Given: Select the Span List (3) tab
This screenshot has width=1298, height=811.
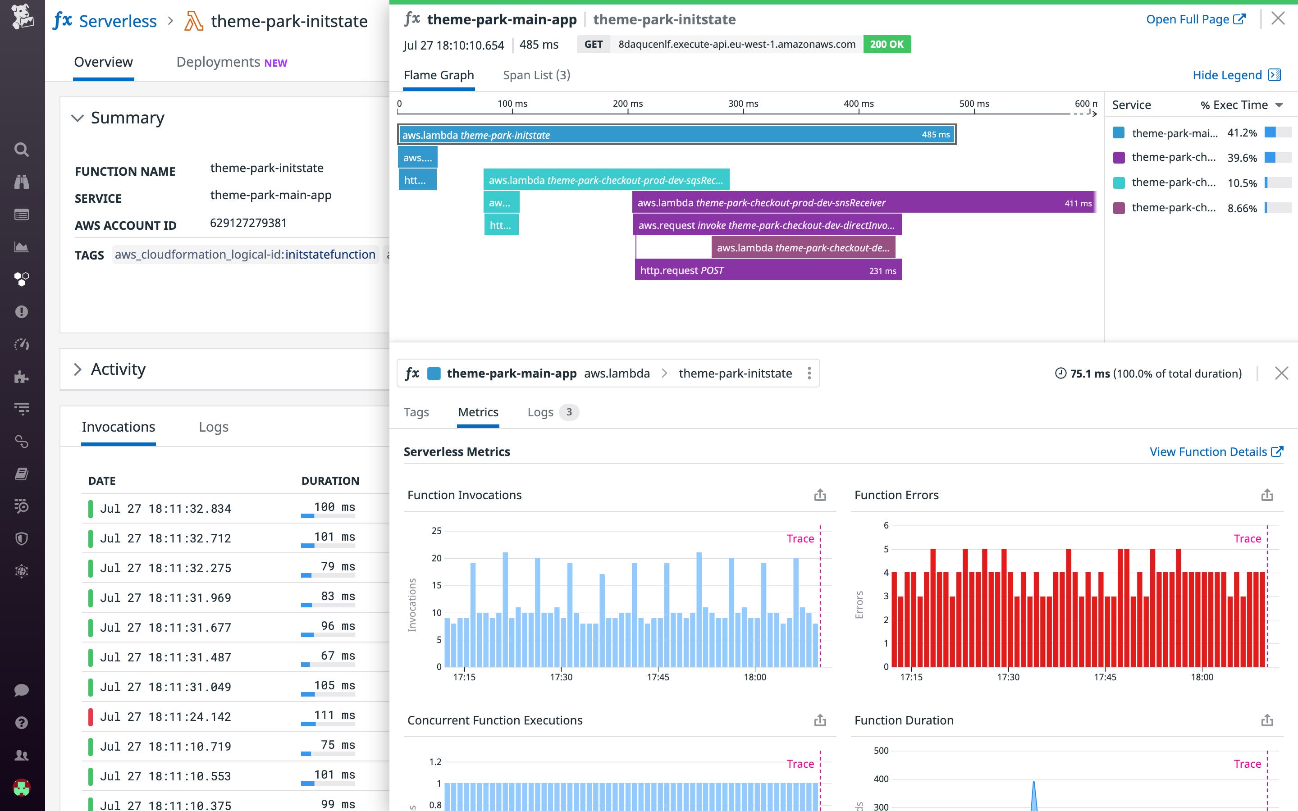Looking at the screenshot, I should pyautogui.click(x=536, y=75).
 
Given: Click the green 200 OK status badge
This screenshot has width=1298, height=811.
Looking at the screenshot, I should pyautogui.click(x=886, y=44).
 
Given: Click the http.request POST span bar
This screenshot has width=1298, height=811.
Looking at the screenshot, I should pyautogui.click(x=768, y=270).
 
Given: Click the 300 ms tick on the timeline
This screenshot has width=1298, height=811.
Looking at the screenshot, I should pyautogui.click(x=743, y=104).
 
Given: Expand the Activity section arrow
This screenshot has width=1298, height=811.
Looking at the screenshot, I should pyautogui.click(x=78, y=369).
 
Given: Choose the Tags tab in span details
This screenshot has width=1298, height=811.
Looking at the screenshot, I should pyautogui.click(x=416, y=412).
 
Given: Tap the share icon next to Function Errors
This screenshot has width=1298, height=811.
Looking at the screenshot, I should pyautogui.click(x=1267, y=495).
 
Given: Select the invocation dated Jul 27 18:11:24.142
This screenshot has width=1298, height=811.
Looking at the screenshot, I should pyautogui.click(x=165, y=716).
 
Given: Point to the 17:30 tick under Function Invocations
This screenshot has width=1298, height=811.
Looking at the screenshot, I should pyautogui.click(x=561, y=677).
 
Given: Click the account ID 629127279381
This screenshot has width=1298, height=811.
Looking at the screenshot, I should pyautogui.click(x=248, y=223).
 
